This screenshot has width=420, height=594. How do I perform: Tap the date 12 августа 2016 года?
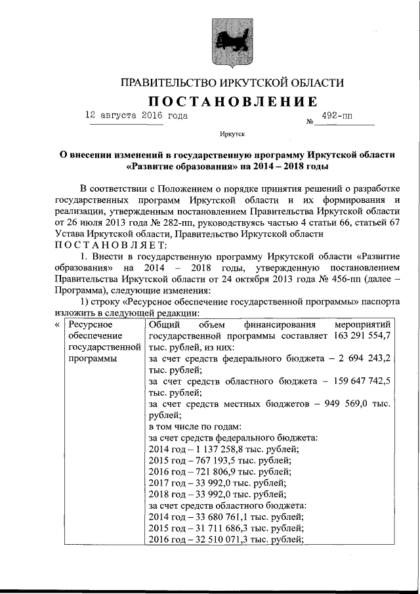tap(136, 116)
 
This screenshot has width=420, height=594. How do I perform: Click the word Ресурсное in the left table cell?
tap(91, 325)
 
